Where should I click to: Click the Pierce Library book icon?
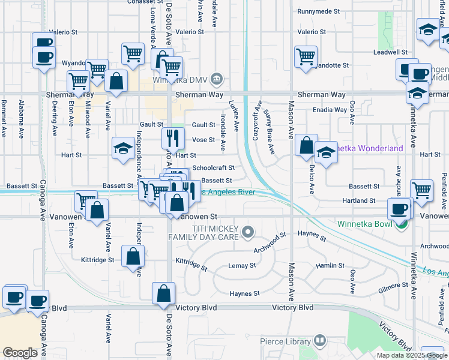pos(321,341)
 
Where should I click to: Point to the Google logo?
pos(20,353)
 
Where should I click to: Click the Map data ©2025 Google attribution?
pos(412,355)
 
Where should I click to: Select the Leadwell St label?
pos(390,53)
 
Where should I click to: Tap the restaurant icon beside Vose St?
pos(172,139)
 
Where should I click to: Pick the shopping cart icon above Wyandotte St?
pos(306,57)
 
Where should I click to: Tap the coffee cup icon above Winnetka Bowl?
pos(399,209)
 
